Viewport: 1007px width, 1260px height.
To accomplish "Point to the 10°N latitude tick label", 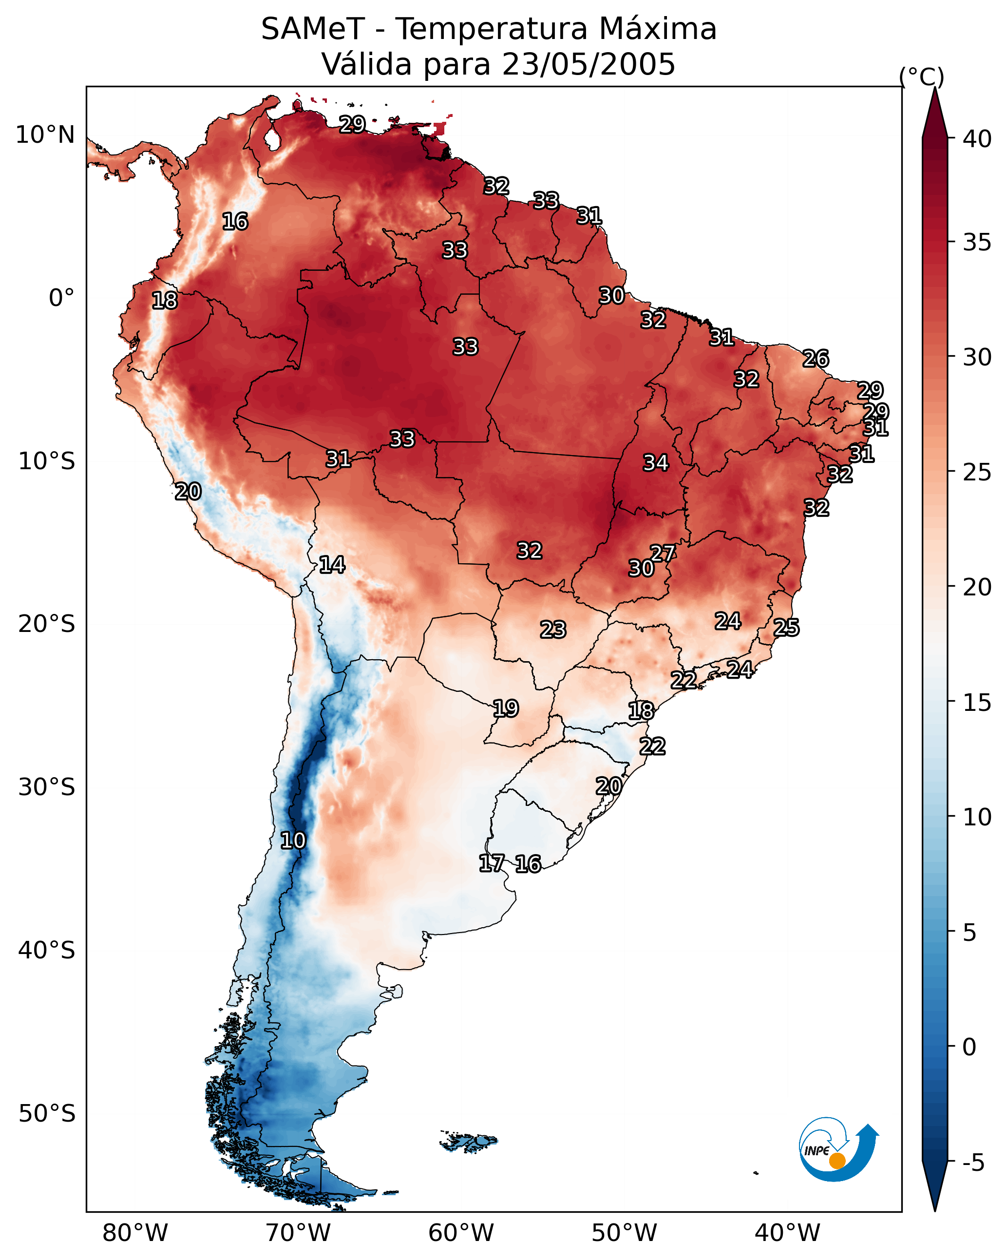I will [x=45, y=135].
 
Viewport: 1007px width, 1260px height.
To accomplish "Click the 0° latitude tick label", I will [x=61, y=298].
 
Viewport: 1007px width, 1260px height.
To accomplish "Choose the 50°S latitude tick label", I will [x=47, y=1114].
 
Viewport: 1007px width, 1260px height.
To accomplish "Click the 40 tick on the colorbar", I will [x=977, y=139].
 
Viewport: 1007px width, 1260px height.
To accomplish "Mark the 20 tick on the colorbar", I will [x=977, y=587].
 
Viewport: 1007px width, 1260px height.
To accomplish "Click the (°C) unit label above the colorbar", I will [x=922, y=76].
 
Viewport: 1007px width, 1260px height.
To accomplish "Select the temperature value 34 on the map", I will [x=656, y=463].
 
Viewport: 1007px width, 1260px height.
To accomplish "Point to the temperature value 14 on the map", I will [x=332, y=565].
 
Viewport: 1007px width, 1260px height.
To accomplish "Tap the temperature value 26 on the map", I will [x=816, y=358].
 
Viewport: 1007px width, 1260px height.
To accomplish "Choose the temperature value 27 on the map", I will [x=663, y=553].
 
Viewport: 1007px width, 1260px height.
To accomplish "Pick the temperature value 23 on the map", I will [x=553, y=630].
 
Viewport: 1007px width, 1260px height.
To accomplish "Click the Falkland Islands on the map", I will [x=469, y=1142].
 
